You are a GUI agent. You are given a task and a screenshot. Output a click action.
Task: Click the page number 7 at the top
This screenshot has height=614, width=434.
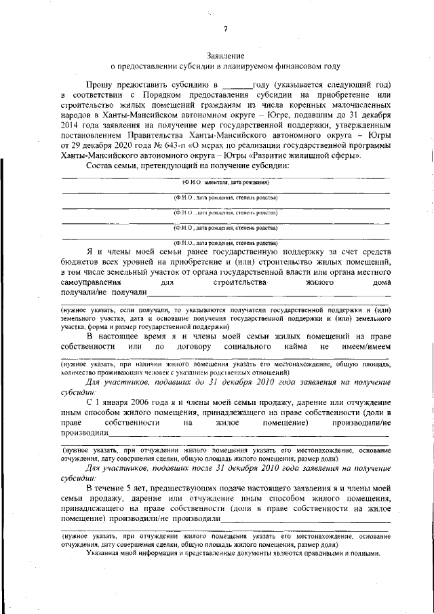click(x=226, y=28)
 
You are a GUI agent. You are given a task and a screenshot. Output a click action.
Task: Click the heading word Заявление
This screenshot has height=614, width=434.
click(x=226, y=55)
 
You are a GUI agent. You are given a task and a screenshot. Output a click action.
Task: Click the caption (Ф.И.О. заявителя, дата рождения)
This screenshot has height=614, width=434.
click(x=226, y=183)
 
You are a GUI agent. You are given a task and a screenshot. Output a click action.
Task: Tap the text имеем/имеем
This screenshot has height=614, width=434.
click(x=366, y=347)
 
